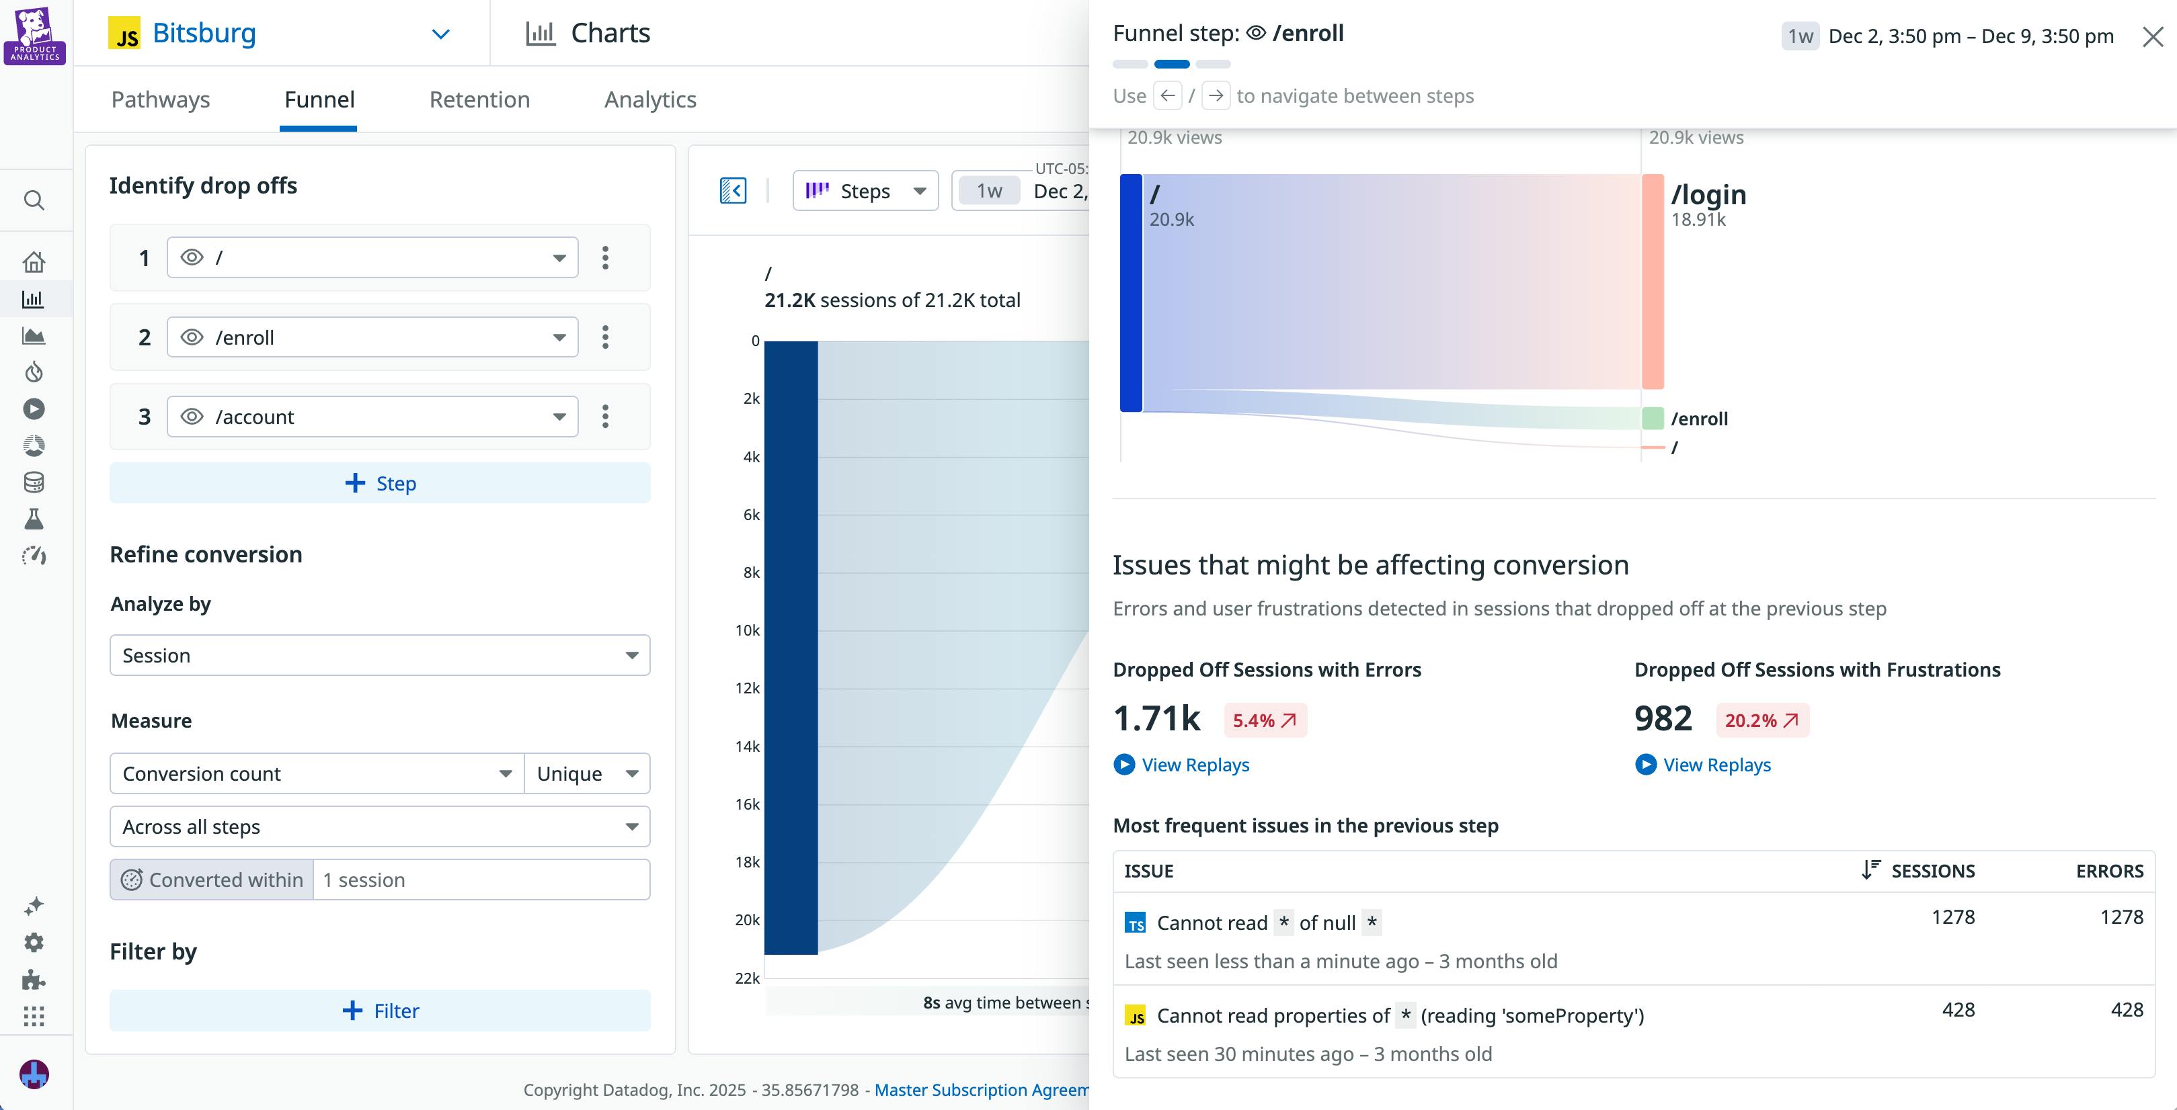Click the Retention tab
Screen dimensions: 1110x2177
pos(479,99)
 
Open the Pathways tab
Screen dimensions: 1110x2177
pos(161,99)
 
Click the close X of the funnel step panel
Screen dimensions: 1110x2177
pos(2153,36)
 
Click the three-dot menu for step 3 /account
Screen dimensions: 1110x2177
pos(605,417)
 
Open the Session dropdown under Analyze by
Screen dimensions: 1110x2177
pos(379,656)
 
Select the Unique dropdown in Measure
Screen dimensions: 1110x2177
pos(586,774)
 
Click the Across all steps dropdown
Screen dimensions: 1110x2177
pos(379,827)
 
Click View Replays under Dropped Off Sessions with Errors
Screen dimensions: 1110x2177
pos(1194,765)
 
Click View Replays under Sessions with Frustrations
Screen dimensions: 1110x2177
pos(1716,765)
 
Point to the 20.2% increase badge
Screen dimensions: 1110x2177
pos(1762,720)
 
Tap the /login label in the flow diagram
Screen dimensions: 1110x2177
pos(1708,195)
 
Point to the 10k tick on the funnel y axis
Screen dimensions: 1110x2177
pos(747,630)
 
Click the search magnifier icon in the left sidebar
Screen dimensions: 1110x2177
pos(34,200)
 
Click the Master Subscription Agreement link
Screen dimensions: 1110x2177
pos(980,1090)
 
